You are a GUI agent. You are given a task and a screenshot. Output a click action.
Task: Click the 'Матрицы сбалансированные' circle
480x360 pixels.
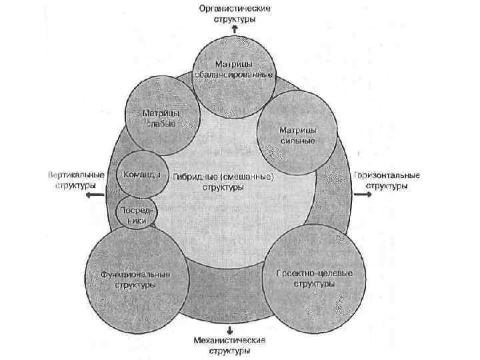[233, 70]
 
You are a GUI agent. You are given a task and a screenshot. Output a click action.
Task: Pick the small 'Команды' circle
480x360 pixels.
[139, 175]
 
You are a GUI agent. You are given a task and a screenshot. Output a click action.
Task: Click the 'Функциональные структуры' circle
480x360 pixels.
[135, 279]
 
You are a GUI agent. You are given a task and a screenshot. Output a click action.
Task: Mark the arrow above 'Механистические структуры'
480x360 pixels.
[230, 330]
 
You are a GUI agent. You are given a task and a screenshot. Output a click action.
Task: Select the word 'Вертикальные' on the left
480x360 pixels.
[76, 175]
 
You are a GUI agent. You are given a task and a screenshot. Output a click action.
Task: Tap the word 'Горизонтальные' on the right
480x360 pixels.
[387, 175]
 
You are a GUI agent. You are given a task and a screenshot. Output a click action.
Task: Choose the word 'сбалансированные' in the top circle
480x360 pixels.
[233, 73]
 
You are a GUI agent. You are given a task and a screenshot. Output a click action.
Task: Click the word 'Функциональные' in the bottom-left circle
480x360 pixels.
[135, 274]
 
